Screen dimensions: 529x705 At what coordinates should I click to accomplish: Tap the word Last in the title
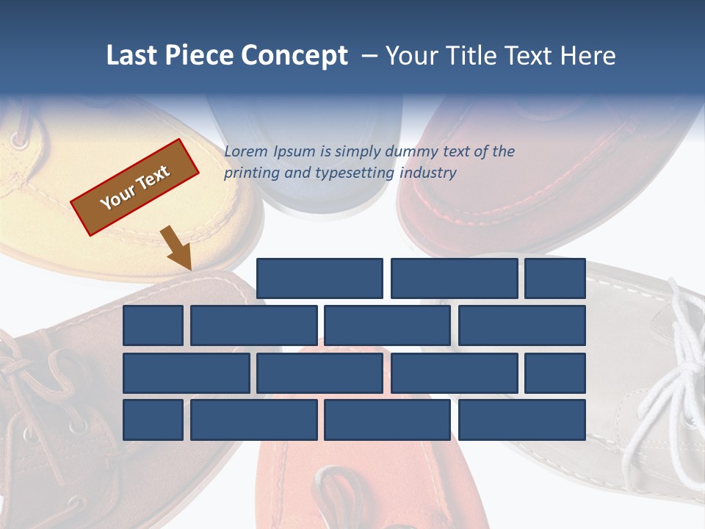tap(132, 56)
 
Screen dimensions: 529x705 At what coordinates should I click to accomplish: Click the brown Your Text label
tap(135, 187)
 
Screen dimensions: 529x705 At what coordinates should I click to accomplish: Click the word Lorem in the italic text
tap(246, 152)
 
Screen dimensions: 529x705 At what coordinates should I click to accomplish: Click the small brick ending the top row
tap(555, 278)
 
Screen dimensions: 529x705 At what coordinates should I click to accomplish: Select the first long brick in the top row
tap(319, 278)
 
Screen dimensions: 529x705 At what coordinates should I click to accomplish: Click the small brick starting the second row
tap(153, 325)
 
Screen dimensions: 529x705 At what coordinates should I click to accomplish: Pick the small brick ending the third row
tap(555, 373)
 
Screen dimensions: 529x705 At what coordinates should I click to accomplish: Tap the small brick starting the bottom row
tap(153, 420)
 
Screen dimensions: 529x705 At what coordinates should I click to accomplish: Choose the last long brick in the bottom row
tap(522, 420)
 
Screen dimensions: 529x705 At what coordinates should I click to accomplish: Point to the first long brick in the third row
tap(187, 373)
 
